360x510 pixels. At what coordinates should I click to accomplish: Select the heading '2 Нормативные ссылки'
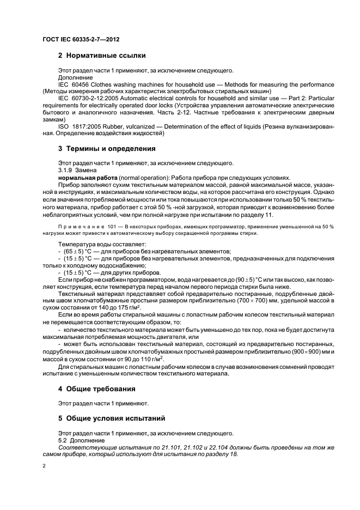pyautogui.click(x=102, y=55)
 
